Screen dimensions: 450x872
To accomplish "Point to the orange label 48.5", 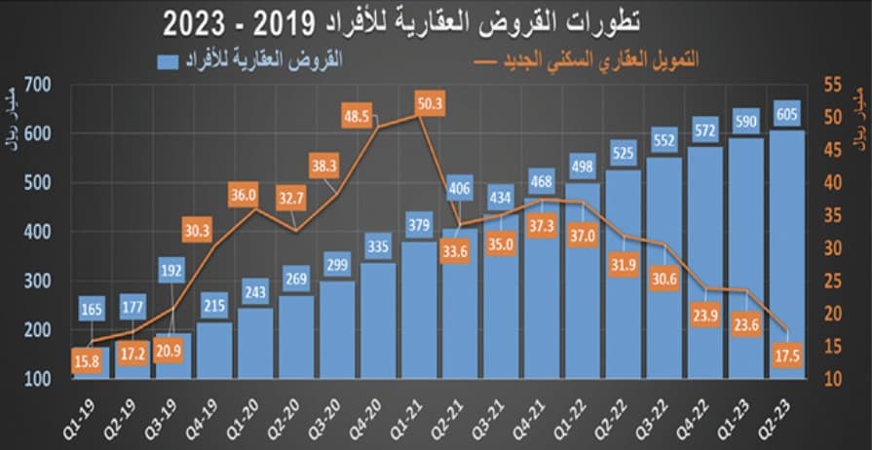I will (x=358, y=116).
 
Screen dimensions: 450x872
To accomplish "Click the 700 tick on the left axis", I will (x=38, y=85).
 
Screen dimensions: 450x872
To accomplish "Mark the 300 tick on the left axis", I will (x=38, y=281).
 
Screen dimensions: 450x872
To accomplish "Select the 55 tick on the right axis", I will (x=831, y=85).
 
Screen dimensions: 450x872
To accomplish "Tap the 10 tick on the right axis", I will (x=831, y=379).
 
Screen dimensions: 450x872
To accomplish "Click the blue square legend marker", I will (x=168, y=61).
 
